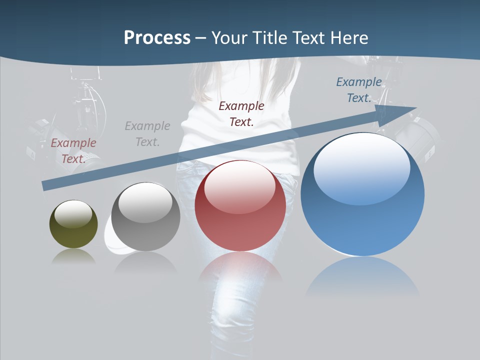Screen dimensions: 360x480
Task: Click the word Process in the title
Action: tap(157, 37)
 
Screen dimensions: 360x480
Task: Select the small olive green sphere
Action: tap(73, 224)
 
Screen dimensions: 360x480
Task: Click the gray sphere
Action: tap(145, 217)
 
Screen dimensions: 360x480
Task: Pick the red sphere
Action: tap(240, 205)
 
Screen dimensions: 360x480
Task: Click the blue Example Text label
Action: tap(359, 90)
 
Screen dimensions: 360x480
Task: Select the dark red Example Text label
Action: tap(241, 113)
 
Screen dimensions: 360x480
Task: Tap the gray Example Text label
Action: tap(147, 133)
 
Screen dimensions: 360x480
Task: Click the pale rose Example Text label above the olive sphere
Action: tap(73, 150)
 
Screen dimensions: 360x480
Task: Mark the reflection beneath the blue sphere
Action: tap(362, 275)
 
